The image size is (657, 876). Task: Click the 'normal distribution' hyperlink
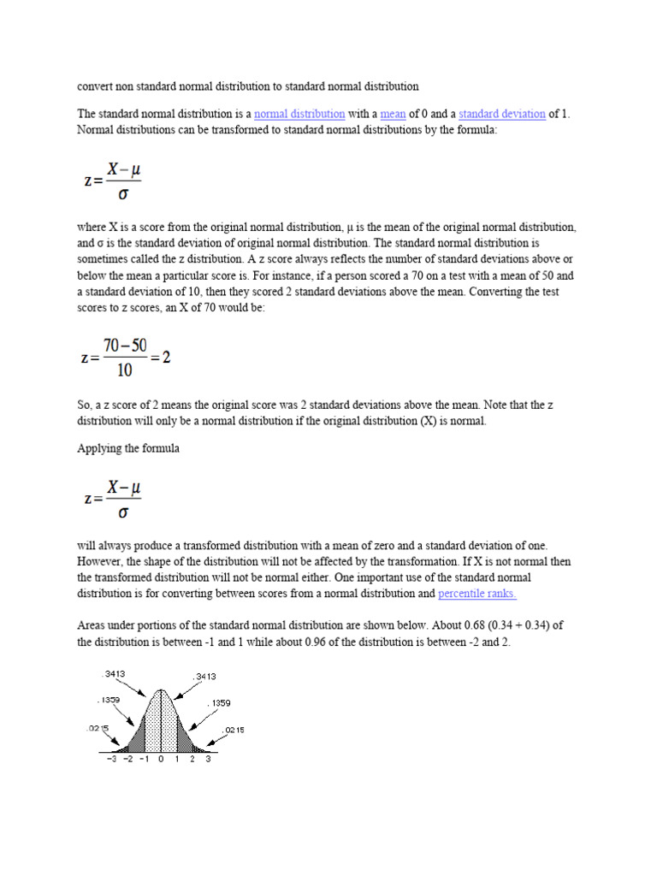299,114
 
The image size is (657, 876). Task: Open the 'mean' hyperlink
393,114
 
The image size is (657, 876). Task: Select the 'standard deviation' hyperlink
501,114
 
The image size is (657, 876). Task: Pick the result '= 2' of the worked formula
160,358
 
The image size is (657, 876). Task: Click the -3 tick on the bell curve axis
112,759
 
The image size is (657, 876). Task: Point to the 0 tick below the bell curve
160,759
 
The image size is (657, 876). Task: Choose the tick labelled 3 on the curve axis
208,759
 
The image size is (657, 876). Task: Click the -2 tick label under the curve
128,759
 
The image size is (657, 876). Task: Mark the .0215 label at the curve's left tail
95,728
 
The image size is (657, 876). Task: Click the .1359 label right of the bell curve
218,703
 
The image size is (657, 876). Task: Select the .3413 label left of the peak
113,674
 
